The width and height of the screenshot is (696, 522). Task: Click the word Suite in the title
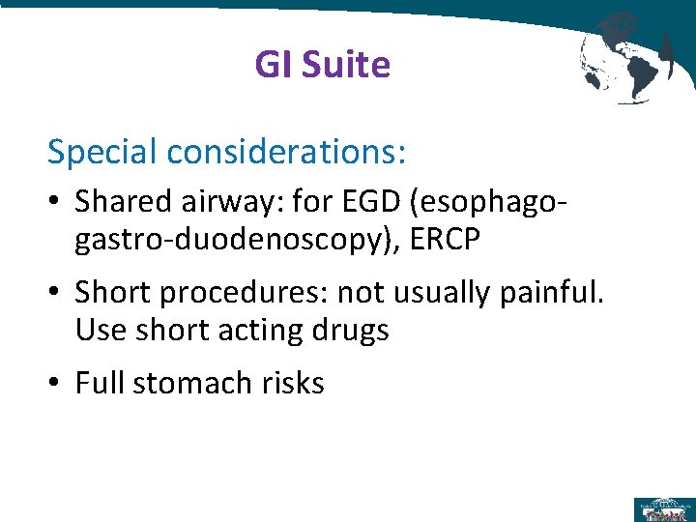345,65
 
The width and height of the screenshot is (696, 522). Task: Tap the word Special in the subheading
102,152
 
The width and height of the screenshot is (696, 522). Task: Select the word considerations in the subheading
286,152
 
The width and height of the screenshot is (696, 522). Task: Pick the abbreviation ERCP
445,239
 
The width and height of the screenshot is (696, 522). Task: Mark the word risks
293,383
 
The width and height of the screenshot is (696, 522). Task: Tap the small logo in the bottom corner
663,508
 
